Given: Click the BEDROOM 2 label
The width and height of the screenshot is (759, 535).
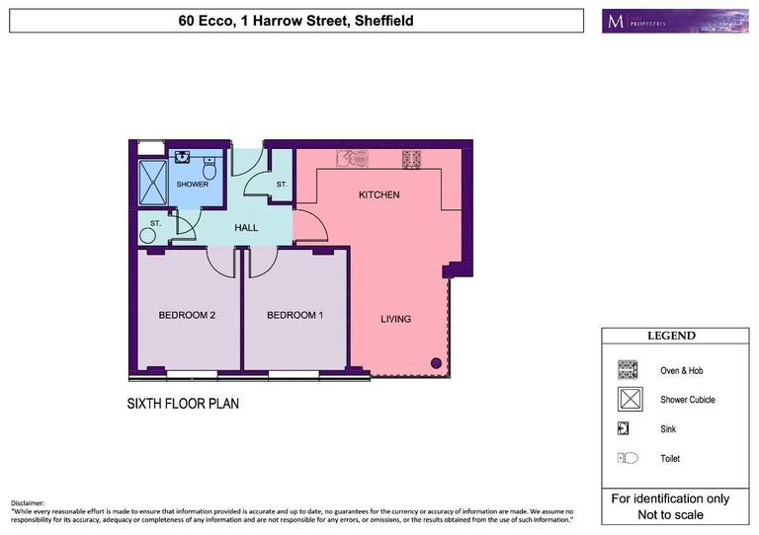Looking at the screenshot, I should tap(187, 316).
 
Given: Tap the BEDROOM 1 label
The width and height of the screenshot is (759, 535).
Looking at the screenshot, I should tap(295, 316).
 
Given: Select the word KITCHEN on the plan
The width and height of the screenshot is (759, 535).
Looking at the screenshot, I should tap(379, 195).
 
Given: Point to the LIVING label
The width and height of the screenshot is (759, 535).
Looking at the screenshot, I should tap(396, 319).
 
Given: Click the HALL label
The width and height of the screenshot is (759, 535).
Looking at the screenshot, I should tap(246, 228).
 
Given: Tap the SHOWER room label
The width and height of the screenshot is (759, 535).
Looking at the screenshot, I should tap(193, 185).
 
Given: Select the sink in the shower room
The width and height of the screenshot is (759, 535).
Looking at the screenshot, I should tap(183, 156).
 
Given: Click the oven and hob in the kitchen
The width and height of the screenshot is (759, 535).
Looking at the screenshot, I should tap(411, 158).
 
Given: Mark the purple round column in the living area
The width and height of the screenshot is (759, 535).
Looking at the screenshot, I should tap(436, 363).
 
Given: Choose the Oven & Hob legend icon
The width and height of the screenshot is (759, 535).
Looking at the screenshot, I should tap(628, 370).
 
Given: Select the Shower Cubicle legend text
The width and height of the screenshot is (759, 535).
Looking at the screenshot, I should tap(688, 400).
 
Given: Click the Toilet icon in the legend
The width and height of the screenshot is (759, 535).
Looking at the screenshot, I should tap(628, 458).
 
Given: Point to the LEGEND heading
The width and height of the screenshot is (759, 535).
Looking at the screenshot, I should tap(671, 336).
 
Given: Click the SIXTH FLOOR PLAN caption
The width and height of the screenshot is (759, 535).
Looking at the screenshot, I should tap(183, 404).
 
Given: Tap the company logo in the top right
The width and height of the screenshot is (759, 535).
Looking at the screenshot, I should tap(676, 21).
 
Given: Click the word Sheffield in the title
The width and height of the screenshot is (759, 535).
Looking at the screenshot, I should tap(378, 21).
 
